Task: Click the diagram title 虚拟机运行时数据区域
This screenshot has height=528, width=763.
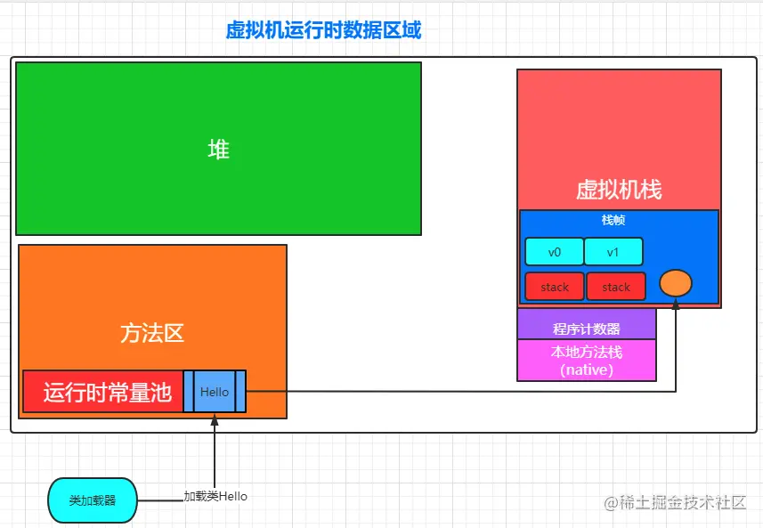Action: tap(323, 29)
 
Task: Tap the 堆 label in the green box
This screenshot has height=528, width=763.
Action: tap(218, 150)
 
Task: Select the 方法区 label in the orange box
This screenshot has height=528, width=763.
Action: tap(152, 333)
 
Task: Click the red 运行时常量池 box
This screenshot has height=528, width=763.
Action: tap(103, 392)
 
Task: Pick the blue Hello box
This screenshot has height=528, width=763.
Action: tap(215, 392)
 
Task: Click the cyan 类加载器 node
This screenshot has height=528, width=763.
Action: tap(93, 500)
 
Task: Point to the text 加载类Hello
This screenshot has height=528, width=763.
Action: tap(215, 496)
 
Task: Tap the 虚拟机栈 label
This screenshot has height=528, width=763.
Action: tap(619, 190)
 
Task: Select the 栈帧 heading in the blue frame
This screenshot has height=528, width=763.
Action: tap(613, 220)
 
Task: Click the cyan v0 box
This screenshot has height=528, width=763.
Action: tap(555, 252)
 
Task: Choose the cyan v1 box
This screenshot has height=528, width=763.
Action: tap(613, 252)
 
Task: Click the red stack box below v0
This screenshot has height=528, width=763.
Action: tap(555, 287)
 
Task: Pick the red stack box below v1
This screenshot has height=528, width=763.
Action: tap(616, 287)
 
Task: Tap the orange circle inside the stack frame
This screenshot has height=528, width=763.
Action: tap(676, 284)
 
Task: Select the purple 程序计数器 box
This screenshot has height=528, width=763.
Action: tap(587, 329)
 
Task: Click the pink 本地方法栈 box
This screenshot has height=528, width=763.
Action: tap(587, 353)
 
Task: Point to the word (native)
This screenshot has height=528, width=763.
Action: tap(587, 370)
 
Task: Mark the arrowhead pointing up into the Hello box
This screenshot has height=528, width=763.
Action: tap(215, 419)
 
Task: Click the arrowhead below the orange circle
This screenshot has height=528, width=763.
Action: tap(676, 305)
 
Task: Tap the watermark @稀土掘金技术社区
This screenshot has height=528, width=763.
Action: tap(675, 503)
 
